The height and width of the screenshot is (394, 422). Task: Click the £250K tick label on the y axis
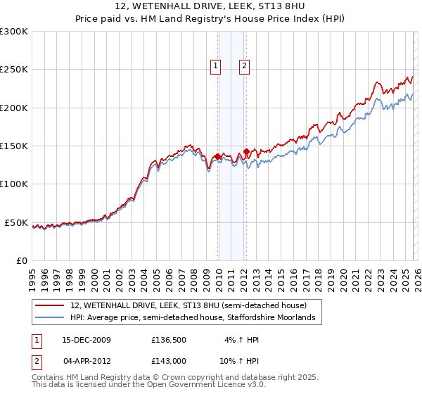13,70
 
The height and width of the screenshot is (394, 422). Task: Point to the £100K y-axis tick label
13,184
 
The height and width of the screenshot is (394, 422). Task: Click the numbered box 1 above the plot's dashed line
215,67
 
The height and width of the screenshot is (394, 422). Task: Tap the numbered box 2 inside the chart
244,67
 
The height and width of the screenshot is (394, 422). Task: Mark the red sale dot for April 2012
246,151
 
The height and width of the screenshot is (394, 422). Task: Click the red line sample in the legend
50,306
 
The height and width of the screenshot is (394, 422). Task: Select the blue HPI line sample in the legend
50,318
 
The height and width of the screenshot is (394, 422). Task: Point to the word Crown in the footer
165,379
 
